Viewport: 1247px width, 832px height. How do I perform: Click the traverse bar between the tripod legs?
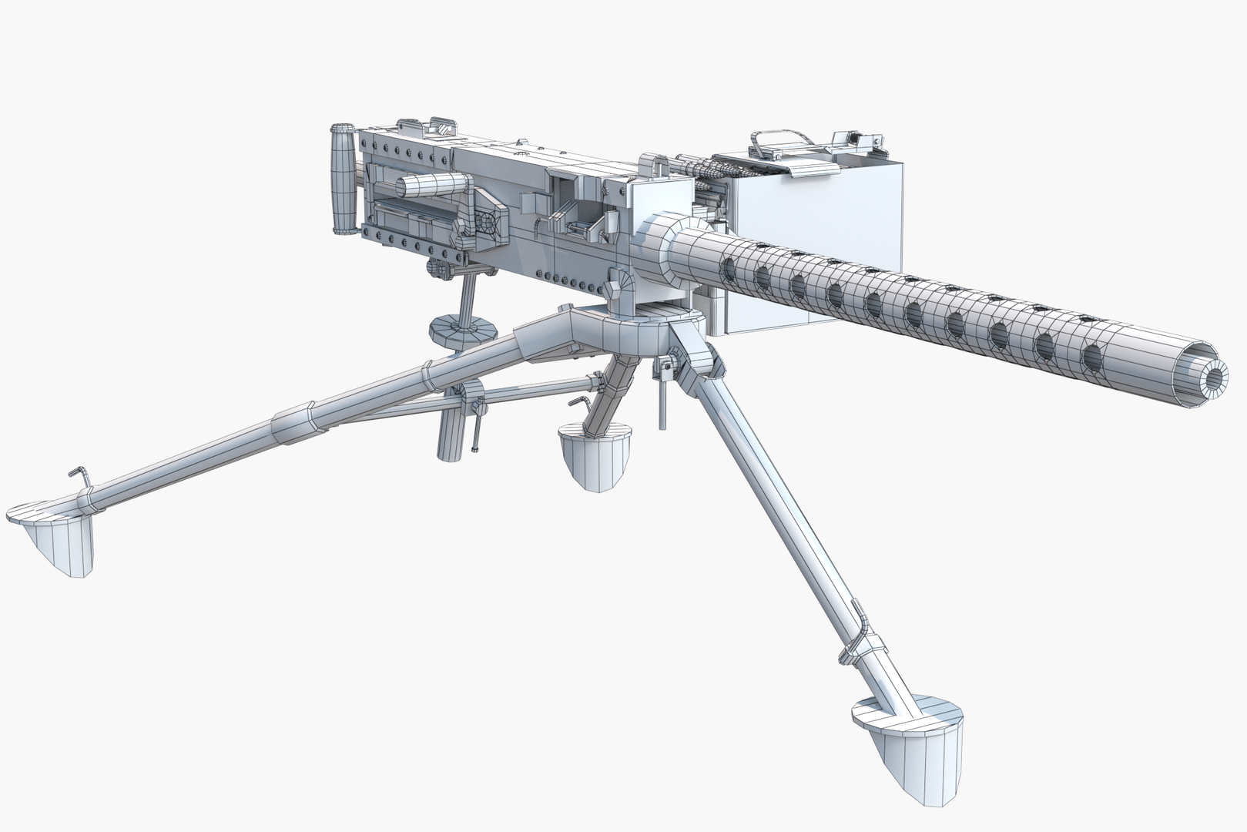[x=524, y=392]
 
